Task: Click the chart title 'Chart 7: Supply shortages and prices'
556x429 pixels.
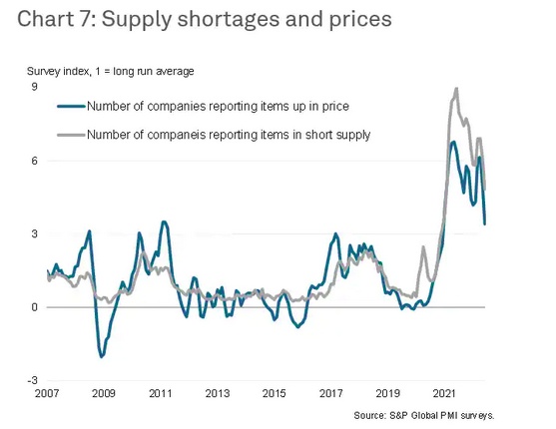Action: coord(205,19)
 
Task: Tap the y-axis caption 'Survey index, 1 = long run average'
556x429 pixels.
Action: coord(110,71)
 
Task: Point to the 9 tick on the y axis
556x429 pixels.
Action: coord(34,87)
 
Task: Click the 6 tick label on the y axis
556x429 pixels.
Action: coord(34,161)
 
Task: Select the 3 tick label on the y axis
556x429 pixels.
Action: coord(34,233)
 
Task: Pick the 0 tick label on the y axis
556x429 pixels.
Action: coord(34,307)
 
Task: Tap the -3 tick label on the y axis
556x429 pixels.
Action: coord(32,380)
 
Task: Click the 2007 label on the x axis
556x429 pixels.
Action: coord(47,393)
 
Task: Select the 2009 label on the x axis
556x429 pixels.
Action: coord(104,393)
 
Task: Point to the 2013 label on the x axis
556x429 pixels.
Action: coord(218,393)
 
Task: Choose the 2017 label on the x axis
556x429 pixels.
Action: coord(331,393)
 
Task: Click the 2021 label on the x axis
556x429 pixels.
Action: coord(444,393)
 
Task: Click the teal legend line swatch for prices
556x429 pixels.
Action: coord(71,106)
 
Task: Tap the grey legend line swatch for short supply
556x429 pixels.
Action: coord(71,135)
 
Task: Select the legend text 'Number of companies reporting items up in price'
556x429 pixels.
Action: coord(218,106)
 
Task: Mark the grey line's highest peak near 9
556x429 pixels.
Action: coord(456,89)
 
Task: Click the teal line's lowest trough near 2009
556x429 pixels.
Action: coord(102,356)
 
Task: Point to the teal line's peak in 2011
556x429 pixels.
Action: coord(164,222)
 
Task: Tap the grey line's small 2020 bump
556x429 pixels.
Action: coord(423,247)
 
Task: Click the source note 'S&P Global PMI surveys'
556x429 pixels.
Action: coord(442,415)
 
